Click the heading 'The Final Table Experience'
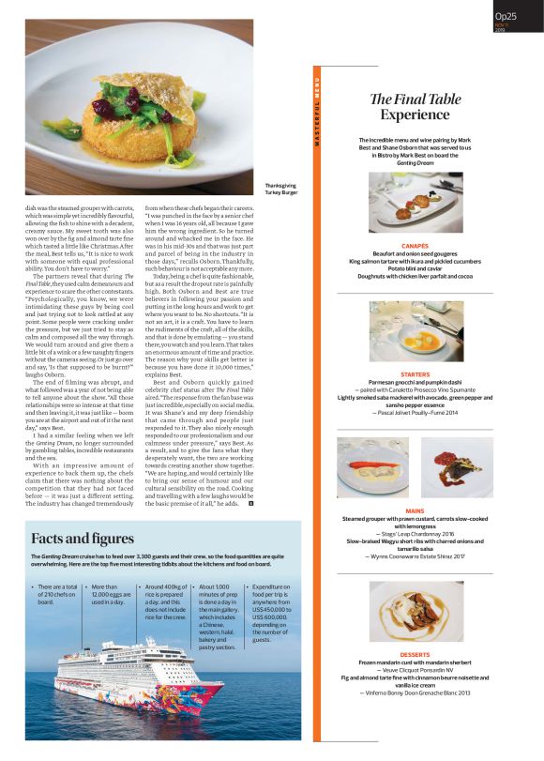click(408, 106)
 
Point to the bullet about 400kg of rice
click(164, 601)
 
